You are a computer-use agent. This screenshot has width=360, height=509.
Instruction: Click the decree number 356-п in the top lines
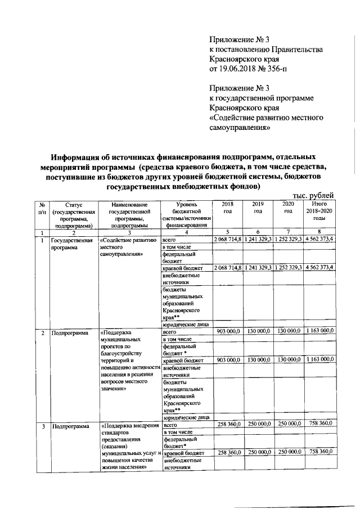pyautogui.click(x=272, y=69)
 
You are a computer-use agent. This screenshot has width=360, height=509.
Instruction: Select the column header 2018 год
pyautogui.click(x=227, y=207)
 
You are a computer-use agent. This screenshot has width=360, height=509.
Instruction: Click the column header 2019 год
pyautogui.click(x=258, y=207)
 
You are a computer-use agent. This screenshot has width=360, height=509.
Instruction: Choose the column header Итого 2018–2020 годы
pyautogui.click(x=319, y=210)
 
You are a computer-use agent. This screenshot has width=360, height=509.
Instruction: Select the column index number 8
pyautogui.click(x=319, y=232)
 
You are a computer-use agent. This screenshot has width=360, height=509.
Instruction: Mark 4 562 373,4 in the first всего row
pyautogui.click(x=319, y=240)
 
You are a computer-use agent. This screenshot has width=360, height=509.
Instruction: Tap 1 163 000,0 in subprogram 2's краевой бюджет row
pyautogui.click(x=319, y=359)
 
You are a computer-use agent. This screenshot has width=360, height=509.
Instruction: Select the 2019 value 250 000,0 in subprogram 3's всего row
pyautogui.click(x=259, y=424)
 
